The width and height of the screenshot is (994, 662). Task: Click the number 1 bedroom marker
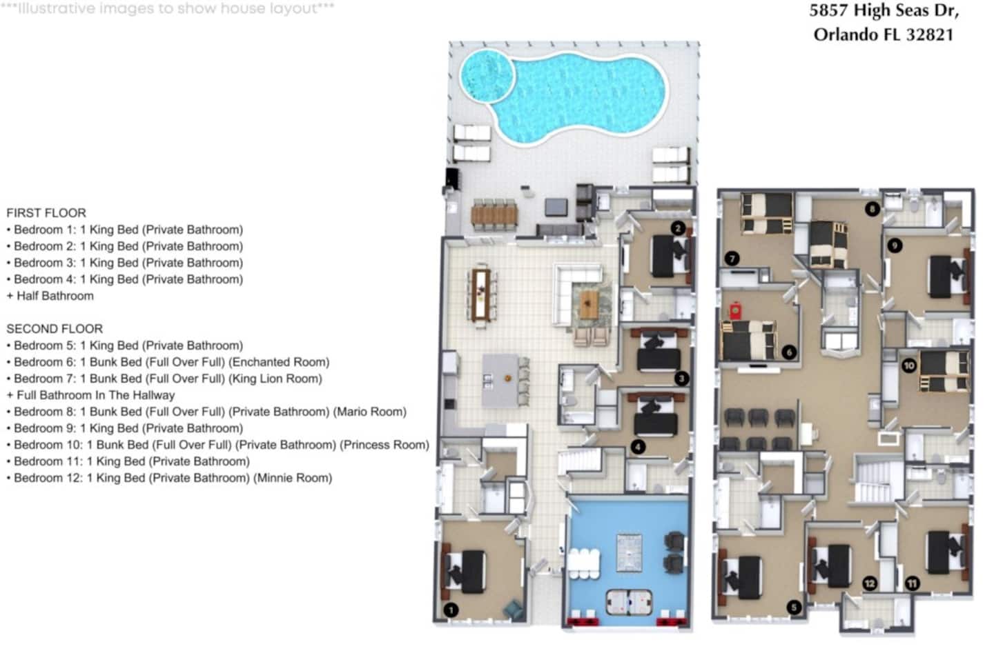(451, 610)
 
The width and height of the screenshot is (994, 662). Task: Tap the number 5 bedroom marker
(794, 607)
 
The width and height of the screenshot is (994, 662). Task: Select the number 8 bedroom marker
(873, 209)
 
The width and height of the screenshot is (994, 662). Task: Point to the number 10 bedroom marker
(909, 365)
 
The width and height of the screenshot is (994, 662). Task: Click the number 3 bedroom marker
(681, 378)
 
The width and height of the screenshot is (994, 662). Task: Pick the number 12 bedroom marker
(870, 583)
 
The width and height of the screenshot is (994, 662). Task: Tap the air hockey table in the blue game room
(629, 602)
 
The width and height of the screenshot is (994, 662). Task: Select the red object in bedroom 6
(735, 310)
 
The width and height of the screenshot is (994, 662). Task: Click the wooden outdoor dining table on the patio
(494, 215)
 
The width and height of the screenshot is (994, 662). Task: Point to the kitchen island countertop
(500, 381)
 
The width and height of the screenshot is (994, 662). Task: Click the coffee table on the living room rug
(589, 303)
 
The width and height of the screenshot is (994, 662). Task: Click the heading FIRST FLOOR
(46, 213)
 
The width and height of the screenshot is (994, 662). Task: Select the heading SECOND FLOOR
(55, 329)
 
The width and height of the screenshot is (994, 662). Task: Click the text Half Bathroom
(55, 297)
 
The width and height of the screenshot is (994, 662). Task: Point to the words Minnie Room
(293, 478)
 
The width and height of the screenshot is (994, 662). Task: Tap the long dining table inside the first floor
(480, 294)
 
